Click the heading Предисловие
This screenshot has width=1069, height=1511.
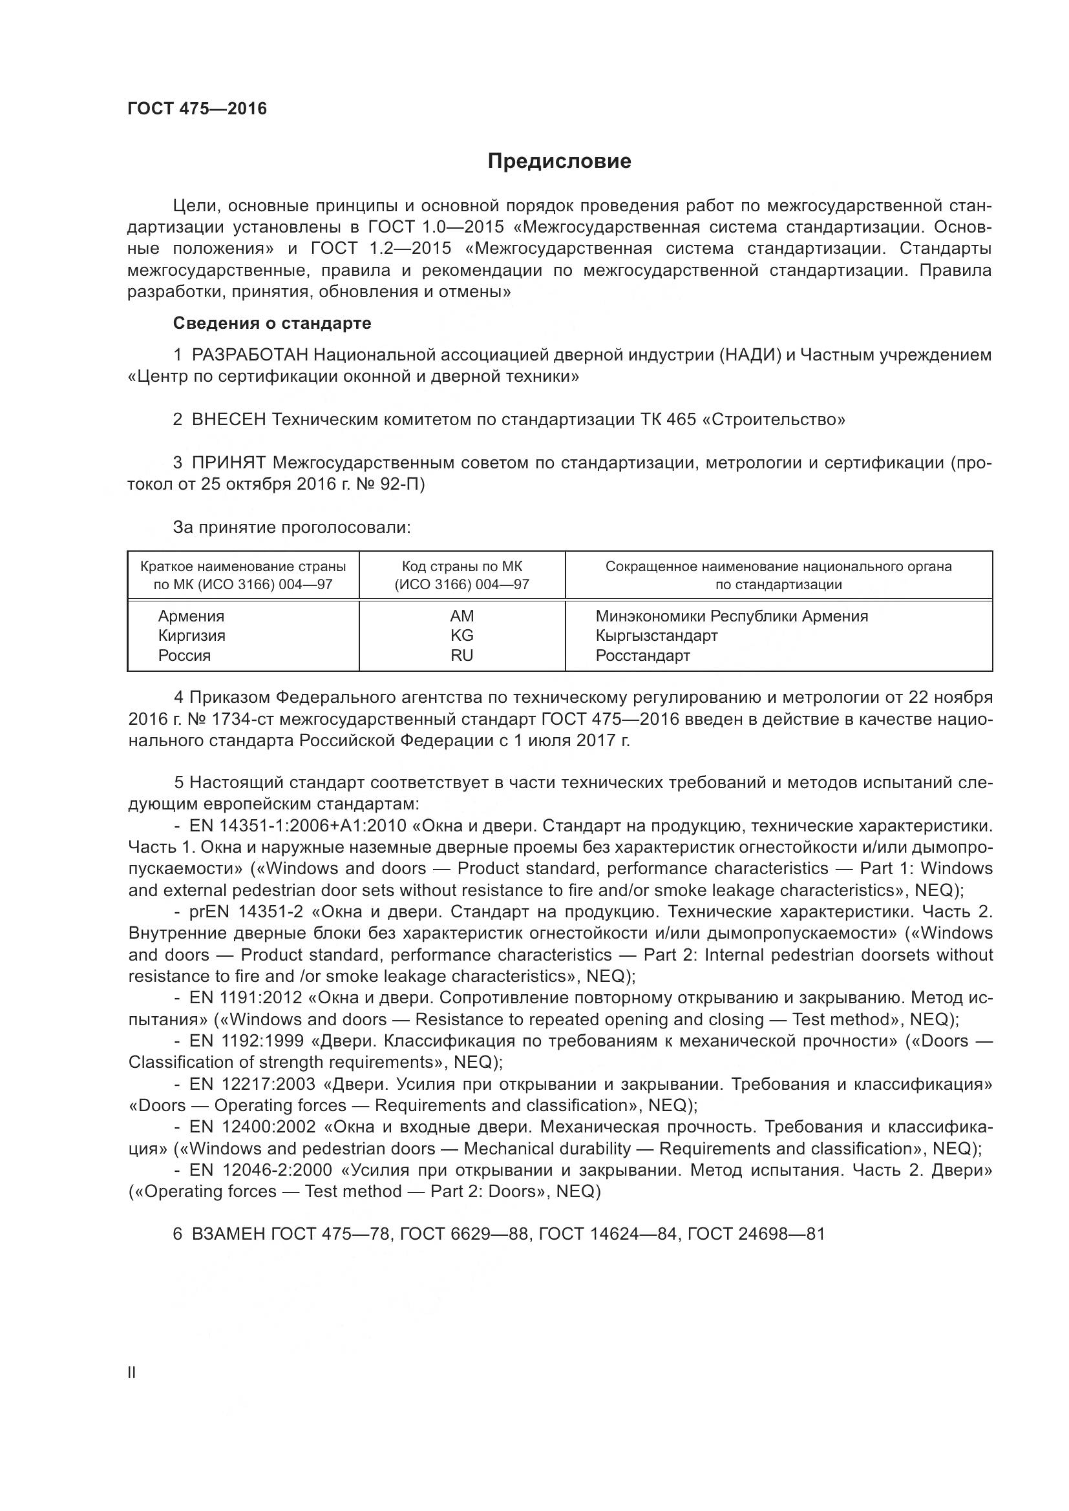click(x=559, y=162)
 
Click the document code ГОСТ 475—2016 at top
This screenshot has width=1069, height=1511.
click(x=198, y=109)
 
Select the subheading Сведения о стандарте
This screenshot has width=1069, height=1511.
click(x=272, y=323)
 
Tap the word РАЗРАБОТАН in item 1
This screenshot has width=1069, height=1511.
click(x=249, y=355)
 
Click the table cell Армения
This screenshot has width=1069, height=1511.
click(x=191, y=616)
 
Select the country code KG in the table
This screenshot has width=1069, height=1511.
click(x=461, y=636)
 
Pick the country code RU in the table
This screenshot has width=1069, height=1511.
click(x=461, y=656)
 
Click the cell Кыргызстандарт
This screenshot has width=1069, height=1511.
click(x=656, y=636)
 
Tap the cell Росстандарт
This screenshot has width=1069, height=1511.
click(x=642, y=656)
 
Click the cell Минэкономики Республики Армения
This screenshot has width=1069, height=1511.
click(x=732, y=616)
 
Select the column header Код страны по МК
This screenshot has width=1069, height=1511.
click(x=461, y=567)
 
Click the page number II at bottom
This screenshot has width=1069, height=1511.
click(x=132, y=1373)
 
